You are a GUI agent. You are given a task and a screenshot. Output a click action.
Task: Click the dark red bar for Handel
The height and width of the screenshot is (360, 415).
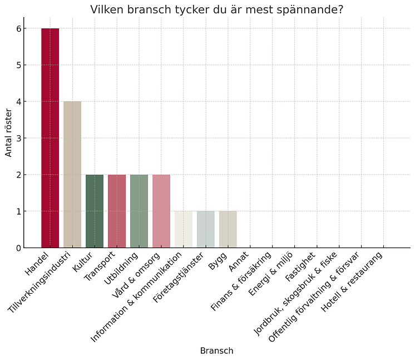tap(50, 138)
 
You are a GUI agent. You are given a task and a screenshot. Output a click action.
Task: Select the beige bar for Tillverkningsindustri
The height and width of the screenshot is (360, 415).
tap(72, 175)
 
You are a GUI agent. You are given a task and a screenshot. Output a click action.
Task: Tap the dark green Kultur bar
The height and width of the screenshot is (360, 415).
tap(95, 211)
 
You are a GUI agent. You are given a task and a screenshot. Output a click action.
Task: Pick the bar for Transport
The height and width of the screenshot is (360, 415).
tap(117, 211)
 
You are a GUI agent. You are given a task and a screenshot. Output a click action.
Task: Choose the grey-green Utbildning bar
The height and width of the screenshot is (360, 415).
tap(139, 211)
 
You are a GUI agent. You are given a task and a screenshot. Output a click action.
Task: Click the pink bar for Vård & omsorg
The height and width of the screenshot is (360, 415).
tap(161, 211)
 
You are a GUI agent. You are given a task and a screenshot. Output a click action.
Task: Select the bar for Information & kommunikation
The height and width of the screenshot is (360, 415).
tap(184, 230)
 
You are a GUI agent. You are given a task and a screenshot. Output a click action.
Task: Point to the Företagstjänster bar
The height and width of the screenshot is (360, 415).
tap(206, 230)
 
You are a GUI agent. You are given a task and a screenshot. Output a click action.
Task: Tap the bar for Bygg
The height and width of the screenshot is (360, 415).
tap(228, 230)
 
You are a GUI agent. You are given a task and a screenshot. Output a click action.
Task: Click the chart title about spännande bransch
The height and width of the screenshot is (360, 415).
tap(216, 9)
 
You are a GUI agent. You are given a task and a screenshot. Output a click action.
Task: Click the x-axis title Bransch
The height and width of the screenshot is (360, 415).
tap(216, 351)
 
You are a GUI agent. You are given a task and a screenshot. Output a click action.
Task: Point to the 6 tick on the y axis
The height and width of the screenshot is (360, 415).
tap(18, 28)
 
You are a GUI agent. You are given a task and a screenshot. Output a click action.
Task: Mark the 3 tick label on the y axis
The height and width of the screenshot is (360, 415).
tap(18, 138)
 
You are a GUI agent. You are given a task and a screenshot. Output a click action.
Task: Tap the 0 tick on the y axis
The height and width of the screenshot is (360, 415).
tap(18, 248)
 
